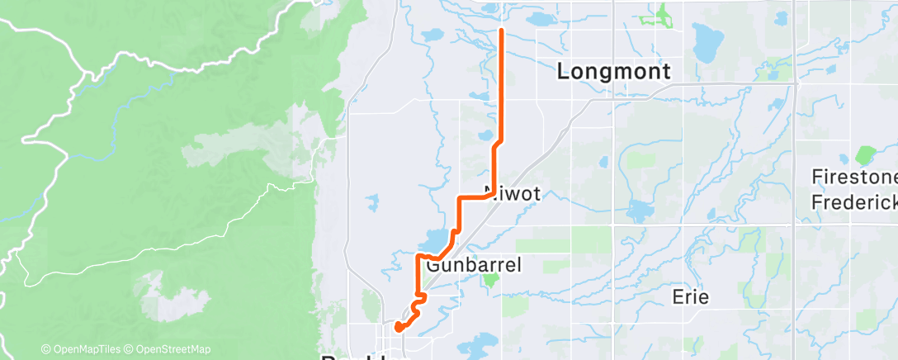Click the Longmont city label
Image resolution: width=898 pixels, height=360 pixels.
[614, 72]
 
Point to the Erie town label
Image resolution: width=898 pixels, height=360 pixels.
[690, 297]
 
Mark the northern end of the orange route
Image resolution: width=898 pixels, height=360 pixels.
[502, 30]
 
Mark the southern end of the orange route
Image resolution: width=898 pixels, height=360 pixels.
[398, 327]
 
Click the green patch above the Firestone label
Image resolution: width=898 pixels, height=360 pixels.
[865, 154]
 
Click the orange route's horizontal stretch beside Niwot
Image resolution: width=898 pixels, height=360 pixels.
[475, 198]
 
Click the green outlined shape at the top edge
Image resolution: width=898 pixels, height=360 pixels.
[660, 14]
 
